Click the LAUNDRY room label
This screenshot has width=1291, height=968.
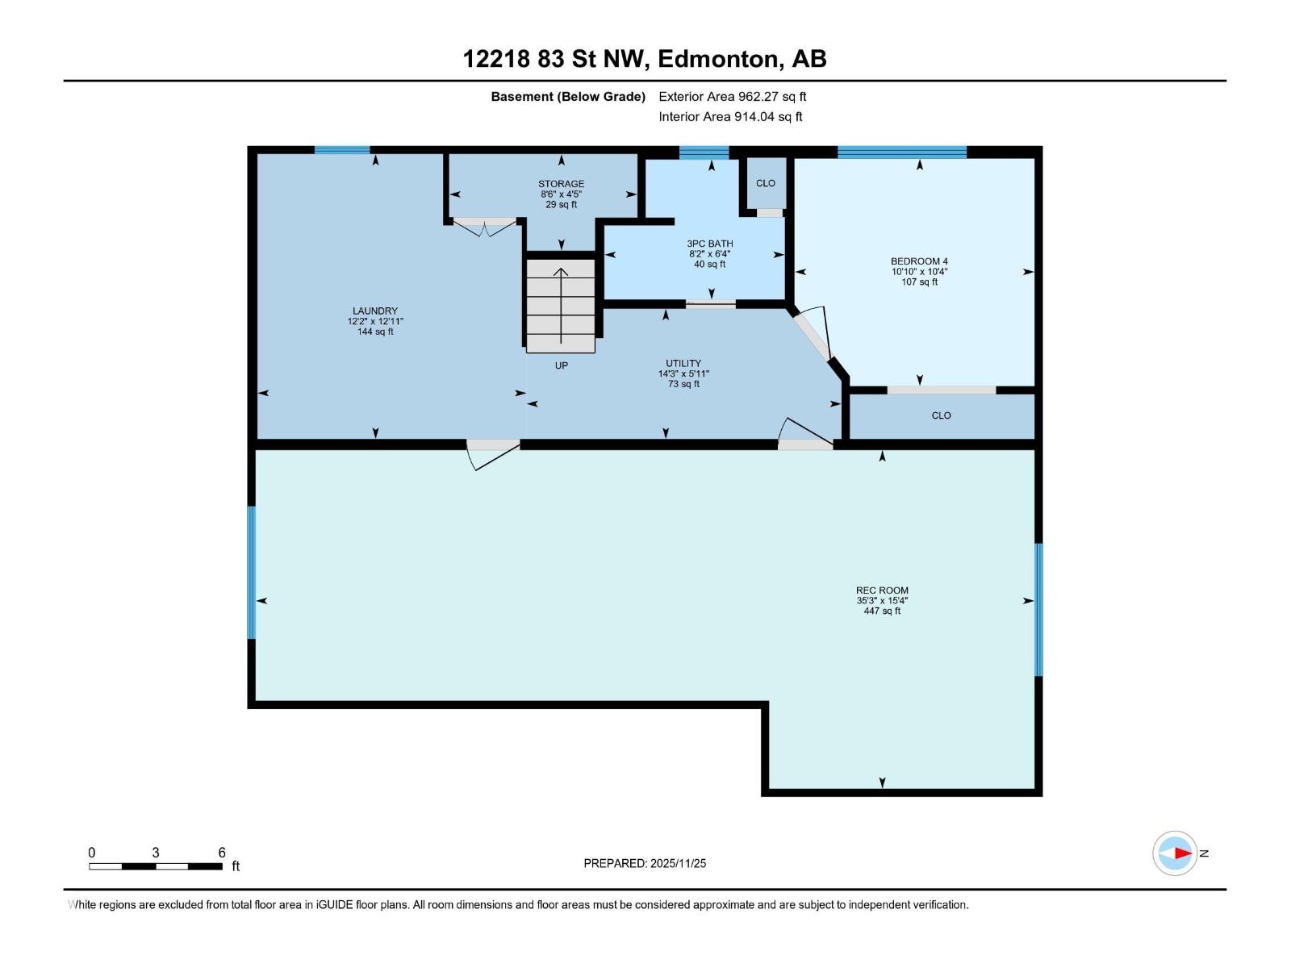click(x=375, y=311)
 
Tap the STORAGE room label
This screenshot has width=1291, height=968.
click(x=561, y=184)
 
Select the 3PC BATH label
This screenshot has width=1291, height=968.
click(x=710, y=244)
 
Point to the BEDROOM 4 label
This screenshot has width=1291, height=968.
click(x=919, y=261)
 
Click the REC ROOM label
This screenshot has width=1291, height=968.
click(x=882, y=590)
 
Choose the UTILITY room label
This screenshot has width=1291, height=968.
click(x=683, y=363)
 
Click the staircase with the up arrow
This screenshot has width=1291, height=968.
click(x=561, y=307)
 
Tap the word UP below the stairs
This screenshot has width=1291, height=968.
click(x=562, y=365)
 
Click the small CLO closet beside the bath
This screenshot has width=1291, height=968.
click(x=766, y=183)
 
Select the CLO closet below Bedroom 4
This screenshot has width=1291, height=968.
click(x=941, y=416)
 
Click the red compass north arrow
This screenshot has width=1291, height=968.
click(x=1182, y=853)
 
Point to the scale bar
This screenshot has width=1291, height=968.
click(x=156, y=866)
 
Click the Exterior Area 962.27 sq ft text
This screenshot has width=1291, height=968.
click(x=733, y=97)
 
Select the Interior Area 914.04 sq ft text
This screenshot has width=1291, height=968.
click(x=730, y=117)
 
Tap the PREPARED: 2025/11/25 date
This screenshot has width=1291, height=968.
click(x=645, y=863)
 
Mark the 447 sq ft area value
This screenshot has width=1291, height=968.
click(x=882, y=611)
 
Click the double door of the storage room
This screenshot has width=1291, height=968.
click(x=484, y=227)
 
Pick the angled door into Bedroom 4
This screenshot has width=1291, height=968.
click(x=813, y=333)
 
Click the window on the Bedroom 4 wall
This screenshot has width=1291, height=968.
click(x=901, y=152)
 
